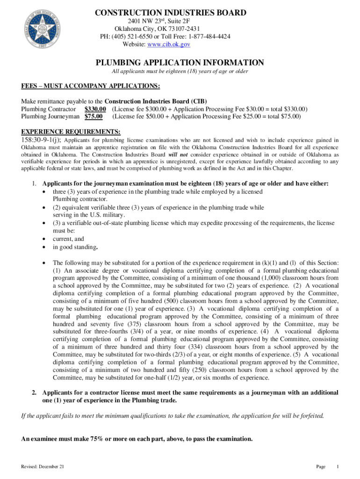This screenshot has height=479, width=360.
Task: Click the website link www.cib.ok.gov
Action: pyautogui.click(x=169, y=44)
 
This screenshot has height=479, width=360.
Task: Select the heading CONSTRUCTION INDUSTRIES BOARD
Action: pyautogui.click(x=171, y=13)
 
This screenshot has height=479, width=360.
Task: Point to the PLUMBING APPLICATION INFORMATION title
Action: pyautogui.click(x=180, y=63)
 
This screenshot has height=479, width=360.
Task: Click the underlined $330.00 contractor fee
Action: pyautogui.click(x=95, y=109)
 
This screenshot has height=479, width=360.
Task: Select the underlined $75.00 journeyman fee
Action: pyautogui.click(x=94, y=116)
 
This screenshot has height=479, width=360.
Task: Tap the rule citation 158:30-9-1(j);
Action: pyautogui.click(x=41, y=139)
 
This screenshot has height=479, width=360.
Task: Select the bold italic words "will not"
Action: pyautogui.click(x=178, y=154)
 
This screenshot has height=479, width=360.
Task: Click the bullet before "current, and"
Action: pyautogui.click(x=43, y=239)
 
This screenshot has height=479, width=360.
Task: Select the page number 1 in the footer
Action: pyautogui.click(x=337, y=467)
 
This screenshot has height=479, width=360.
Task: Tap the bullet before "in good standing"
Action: pyautogui.click(x=43, y=247)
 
